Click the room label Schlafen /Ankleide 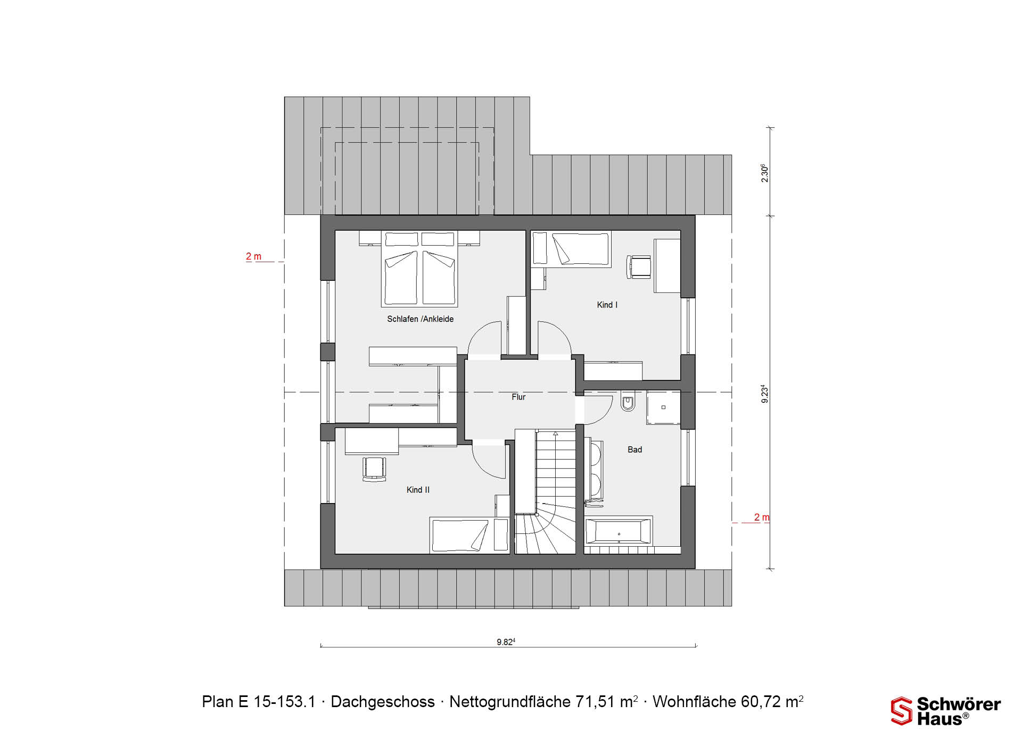420,319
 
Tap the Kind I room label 607,305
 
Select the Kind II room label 418,490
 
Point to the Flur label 518,397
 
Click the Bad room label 634,450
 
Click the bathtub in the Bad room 619,531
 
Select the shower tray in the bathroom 664,408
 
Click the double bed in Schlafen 419,269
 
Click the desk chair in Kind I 639,267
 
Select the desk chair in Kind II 374,469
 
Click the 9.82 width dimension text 506,642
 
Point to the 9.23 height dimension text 764,394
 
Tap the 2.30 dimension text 764,173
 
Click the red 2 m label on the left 253,256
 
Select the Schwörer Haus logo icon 901,711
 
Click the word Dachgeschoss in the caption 383,702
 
